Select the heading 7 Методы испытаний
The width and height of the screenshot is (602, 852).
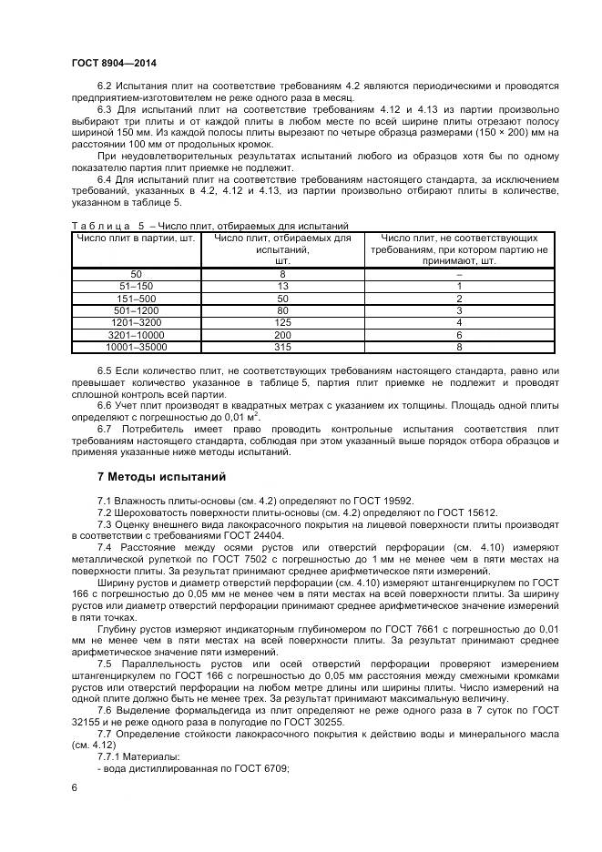pyautogui.click(x=160, y=477)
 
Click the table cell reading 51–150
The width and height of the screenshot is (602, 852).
pyautogui.click(x=137, y=286)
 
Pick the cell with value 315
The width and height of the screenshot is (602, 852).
pyautogui.click(x=282, y=347)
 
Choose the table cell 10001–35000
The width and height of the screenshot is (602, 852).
pyautogui.click(x=137, y=347)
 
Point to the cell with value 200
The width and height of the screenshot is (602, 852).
pyautogui.click(x=282, y=335)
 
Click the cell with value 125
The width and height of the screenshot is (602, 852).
pyautogui.click(x=282, y=322)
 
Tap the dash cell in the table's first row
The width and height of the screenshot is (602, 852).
pyautogui.click(x=459, y=273)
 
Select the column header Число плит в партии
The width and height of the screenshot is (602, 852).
pyautogui.click(x=137, y=238)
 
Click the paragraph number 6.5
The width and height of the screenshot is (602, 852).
pyautogui.click(x=104, y=371)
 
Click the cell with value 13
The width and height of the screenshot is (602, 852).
pyautogui.click(x=282, y=286)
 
